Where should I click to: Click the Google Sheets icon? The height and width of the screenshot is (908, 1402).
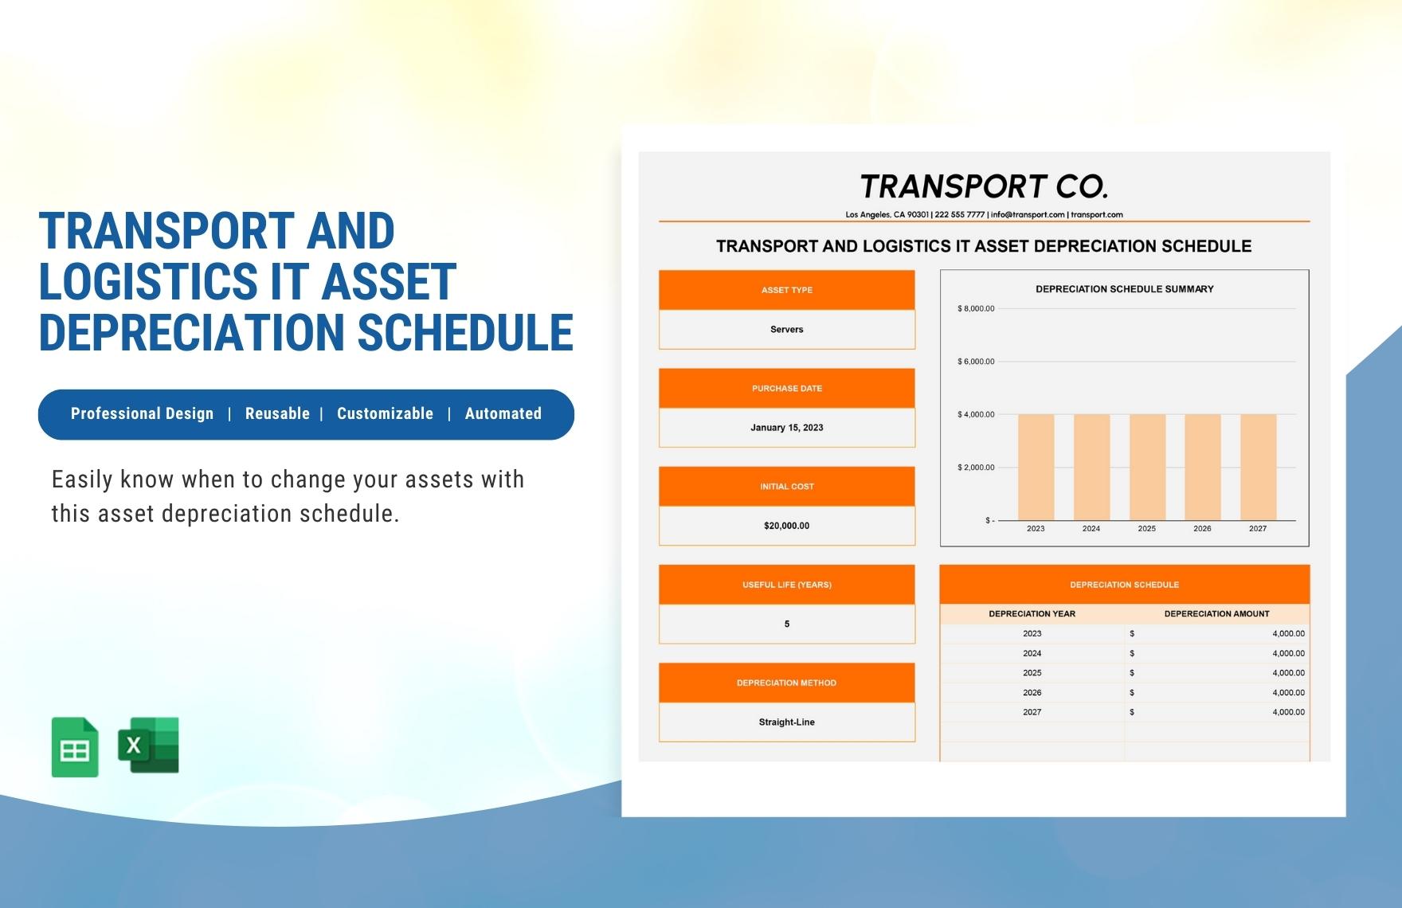75,747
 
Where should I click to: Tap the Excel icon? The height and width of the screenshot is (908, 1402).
149,746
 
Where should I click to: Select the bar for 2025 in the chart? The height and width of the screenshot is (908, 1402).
1146,467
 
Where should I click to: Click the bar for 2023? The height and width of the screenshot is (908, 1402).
1036,467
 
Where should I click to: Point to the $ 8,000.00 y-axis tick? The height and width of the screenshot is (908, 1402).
976,309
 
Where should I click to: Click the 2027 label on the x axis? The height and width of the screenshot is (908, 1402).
1258,529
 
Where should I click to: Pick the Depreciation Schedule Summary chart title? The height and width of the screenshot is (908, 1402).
1124,289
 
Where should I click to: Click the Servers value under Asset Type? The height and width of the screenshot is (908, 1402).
786,330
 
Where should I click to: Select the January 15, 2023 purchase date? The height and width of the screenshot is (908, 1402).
786,428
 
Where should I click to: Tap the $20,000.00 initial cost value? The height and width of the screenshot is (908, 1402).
786,526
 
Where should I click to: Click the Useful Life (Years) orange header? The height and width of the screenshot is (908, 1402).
786,585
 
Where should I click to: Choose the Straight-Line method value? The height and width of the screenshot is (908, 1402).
786,722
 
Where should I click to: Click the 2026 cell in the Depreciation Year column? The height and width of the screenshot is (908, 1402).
1032,693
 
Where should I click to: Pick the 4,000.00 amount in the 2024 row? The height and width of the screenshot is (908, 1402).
1288,653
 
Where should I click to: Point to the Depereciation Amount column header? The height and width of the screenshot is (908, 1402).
1216,614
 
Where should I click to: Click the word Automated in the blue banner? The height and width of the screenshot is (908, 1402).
503,414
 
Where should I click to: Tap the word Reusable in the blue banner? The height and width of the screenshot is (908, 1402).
277,414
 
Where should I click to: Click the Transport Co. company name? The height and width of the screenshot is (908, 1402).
984,187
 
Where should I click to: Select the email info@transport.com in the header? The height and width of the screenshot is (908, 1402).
1028,215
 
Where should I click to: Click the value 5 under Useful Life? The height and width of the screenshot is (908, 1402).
786,624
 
